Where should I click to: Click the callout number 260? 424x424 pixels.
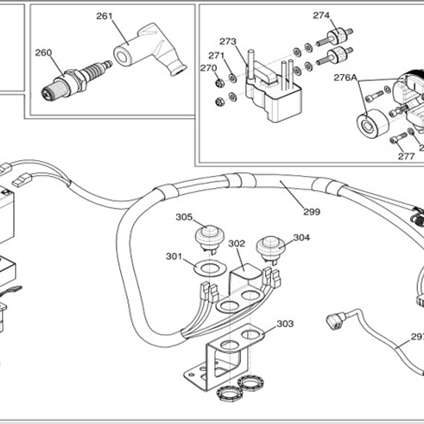[x=43, y=53]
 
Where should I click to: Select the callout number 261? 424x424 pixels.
[x=105, y=16]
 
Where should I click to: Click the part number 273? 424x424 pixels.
[x=228, y=41]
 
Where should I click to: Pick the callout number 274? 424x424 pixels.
[x=321, y=15]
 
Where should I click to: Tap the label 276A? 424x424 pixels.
[x=345, y=77]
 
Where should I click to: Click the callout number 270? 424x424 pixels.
[x=208, y=68]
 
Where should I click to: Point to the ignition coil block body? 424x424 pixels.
[x=273, y=99]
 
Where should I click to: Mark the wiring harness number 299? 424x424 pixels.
[x=311, y=212]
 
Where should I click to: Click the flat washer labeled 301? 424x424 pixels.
[x=210, y=268]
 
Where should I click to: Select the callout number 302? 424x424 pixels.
[x=237, y=243]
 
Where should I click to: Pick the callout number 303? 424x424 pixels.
[x=285, y=324]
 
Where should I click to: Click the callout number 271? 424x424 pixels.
[x=216, y=55]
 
